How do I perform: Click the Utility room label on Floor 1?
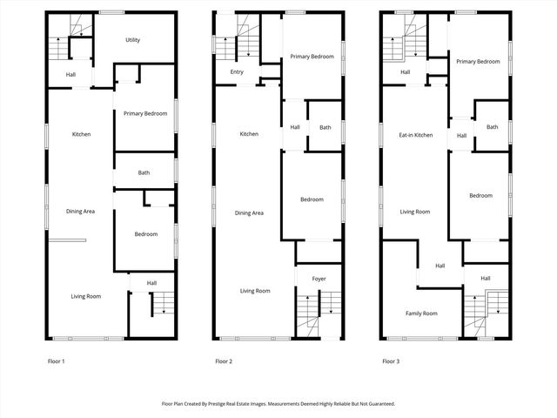132,40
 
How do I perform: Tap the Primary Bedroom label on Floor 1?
145,114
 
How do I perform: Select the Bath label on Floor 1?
144,172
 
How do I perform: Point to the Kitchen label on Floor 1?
82,134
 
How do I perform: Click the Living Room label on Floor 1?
86,296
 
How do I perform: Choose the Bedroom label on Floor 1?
146,234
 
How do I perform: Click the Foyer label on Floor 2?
319,279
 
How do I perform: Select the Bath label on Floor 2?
325,128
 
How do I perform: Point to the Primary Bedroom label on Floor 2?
312,56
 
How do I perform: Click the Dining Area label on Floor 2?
249,213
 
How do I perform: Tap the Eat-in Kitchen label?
416,135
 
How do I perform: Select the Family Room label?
421,313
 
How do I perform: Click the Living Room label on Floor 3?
415,212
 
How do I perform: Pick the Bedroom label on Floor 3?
480,196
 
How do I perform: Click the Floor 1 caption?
56,361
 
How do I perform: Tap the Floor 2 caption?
224,361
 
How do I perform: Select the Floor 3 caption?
391,361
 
